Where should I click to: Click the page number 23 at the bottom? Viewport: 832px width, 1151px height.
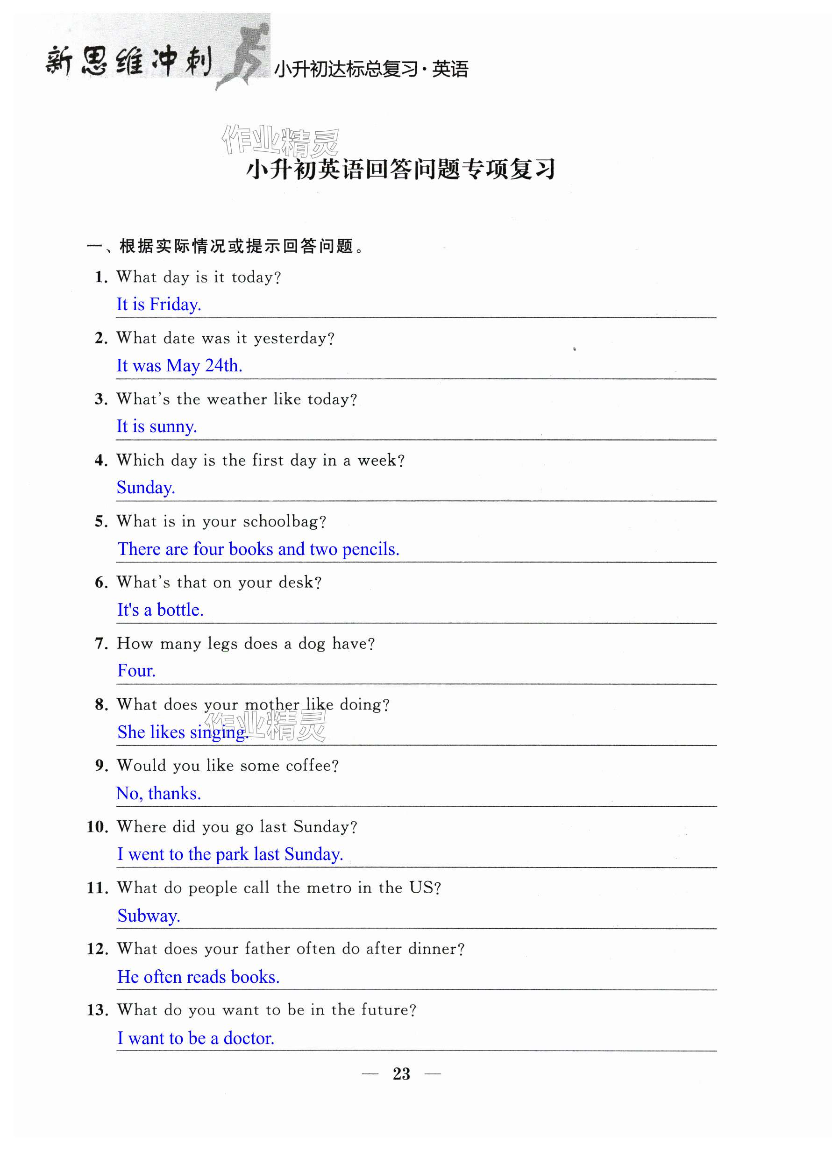coord(401,1073)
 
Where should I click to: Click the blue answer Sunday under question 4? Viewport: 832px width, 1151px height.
coord(146,488)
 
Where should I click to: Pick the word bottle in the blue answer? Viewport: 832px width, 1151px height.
coord(180,610)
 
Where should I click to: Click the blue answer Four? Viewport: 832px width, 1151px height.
coord(136,671)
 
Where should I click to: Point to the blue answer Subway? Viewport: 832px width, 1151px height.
coord(148,916)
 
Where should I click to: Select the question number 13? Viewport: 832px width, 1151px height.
coord(97,1010)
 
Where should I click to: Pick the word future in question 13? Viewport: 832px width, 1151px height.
coord(388,1010)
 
